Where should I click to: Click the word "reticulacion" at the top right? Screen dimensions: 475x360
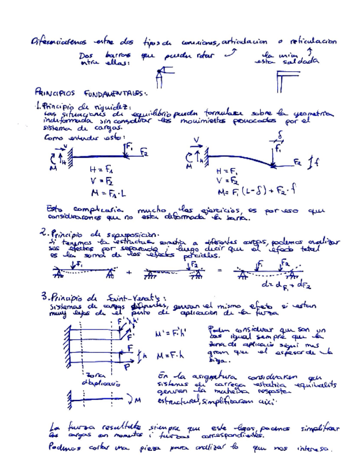[312, 41]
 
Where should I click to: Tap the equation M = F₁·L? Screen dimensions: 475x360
[107, 193]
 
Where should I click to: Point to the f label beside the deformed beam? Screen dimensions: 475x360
[317, 163]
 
